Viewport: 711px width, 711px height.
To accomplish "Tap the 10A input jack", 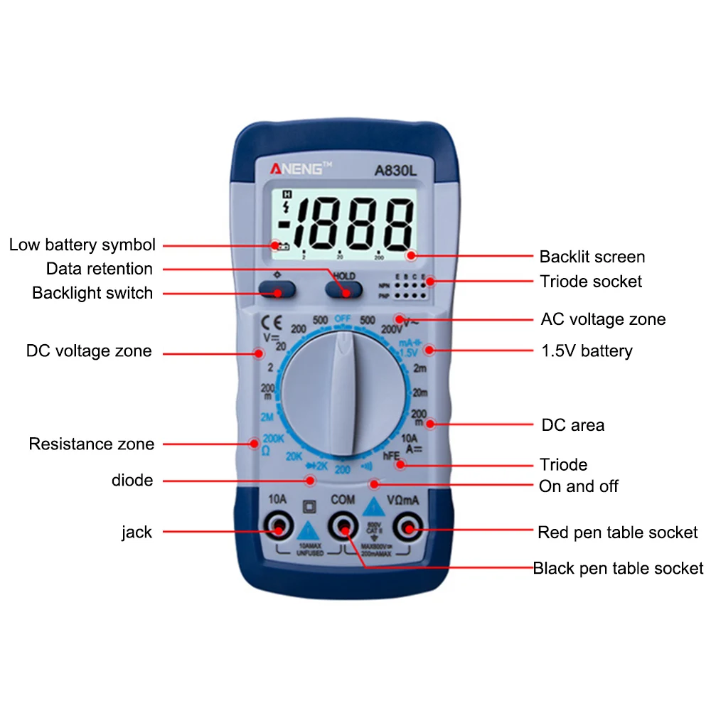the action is click(277, 528).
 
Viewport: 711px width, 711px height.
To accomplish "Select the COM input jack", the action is click(343, 528).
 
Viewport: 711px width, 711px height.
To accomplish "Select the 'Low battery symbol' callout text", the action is click(82, 245).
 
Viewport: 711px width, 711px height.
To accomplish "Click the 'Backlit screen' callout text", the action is click(592, 257).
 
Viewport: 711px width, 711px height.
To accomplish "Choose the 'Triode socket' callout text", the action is click(590, 281).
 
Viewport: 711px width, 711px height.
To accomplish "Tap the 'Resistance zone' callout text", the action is click(91, 444).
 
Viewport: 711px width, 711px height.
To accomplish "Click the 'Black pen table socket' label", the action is click(618, 568).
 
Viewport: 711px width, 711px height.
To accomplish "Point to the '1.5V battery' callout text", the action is click(587, 351).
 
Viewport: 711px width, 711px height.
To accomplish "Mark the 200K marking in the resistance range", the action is click(273, 438).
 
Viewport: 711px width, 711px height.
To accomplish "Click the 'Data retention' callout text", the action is click(100, 269).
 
